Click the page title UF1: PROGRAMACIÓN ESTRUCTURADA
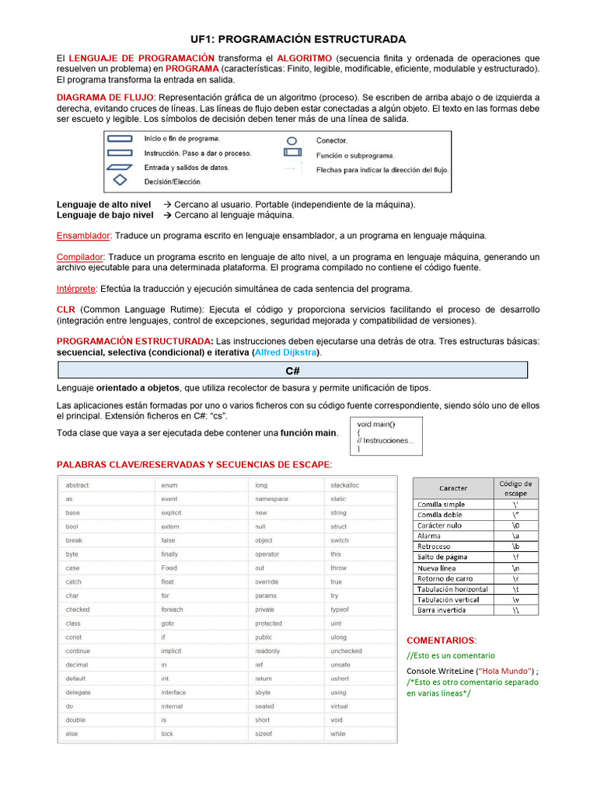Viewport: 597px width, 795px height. (298, 39)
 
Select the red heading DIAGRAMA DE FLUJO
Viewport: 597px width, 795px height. (106, 97)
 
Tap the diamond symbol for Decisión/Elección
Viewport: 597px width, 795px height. (120, 181)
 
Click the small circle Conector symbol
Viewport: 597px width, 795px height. (292, 141)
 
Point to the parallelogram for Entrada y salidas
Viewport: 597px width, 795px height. (120, 167)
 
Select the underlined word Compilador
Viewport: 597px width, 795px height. (80, 256)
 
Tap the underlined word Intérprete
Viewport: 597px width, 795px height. (76, 288)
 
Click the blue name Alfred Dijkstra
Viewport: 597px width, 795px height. (287, 352)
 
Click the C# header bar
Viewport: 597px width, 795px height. (292, 370)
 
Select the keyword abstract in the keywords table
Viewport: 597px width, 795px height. (78, 485)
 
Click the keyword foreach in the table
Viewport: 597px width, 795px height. (173, 609)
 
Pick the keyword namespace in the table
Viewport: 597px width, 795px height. (271, 499)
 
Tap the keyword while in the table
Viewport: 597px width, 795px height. (337, 734)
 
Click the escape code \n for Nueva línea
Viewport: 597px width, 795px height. (515, 568)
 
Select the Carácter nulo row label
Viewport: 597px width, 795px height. (439, 526)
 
